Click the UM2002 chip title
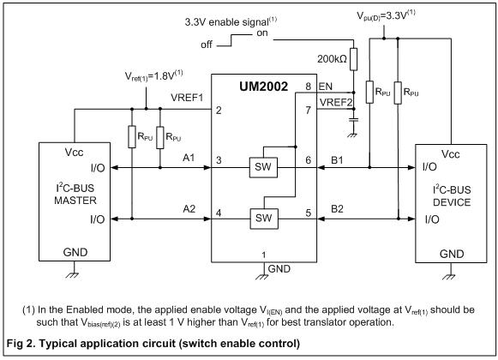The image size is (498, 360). point(263,87)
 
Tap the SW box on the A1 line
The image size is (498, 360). point(263,167)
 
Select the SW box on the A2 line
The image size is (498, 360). point(264,219)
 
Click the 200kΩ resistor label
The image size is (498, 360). point(332,59)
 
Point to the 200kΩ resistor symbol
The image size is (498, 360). point(353,59)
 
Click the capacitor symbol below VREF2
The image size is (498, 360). point(353,120)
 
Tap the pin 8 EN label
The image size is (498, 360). point(325,87)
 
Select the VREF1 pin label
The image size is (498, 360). point(187,98)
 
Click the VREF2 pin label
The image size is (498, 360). point(336,102)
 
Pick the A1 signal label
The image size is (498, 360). point(189,158)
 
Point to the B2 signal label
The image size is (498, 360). point(337,209)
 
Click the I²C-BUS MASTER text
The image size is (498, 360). point(75,194)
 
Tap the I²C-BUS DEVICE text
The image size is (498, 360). point(452,195)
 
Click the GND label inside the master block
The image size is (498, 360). point(75,252)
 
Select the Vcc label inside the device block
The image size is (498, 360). point(450,154)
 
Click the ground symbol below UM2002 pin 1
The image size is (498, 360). point(262,277)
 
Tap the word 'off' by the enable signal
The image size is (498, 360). point(206,45)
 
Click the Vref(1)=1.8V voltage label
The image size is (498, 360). point(154,75)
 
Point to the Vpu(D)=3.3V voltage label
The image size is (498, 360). point(386,15)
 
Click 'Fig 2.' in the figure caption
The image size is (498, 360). point(21,344)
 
